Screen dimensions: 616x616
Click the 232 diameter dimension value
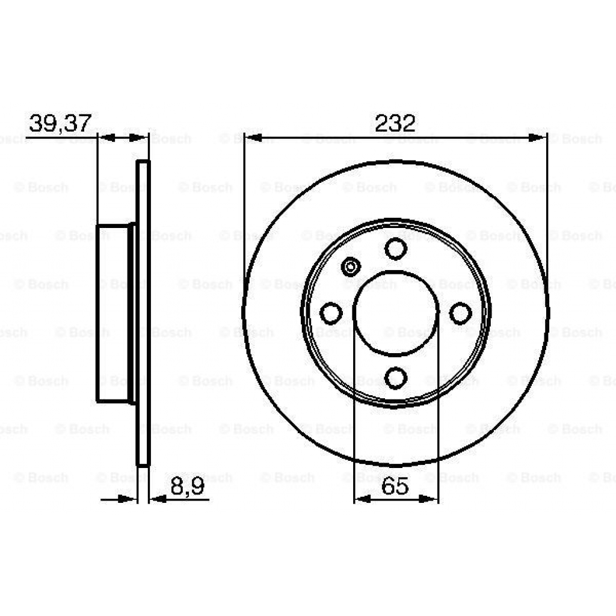click(395, 123)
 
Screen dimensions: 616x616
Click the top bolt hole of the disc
click(395, 248)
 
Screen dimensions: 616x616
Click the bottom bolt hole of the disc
click(395, 377)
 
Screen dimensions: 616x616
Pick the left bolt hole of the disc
click(331, 313)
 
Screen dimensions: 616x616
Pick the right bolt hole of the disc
click(460, 313)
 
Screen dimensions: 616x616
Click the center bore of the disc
click(395, 313)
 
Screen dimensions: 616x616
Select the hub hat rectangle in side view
click(112, 313)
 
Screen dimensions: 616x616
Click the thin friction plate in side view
click(143, 313)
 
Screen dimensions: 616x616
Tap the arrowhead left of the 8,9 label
click(157, 498)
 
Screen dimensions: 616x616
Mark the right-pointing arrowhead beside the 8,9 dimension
click(128, 498)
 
